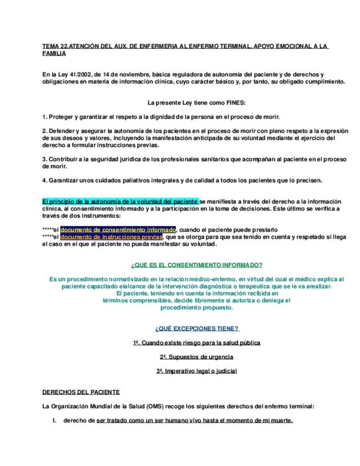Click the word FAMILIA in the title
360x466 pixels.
[54, 54]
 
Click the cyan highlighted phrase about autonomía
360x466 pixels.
[120, 202]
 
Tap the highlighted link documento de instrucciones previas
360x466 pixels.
[112, 237]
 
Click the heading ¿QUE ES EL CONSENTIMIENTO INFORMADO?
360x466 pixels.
[196, 265]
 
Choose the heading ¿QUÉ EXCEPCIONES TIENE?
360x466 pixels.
[196, 329]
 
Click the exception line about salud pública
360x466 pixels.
[196, 343]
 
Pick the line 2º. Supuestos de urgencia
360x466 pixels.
[196, 357]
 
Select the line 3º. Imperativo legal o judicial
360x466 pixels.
[196, 371]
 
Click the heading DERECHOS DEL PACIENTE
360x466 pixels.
[80, 392]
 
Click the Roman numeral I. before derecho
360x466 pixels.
[54, 421]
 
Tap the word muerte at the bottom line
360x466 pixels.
[282, 421]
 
